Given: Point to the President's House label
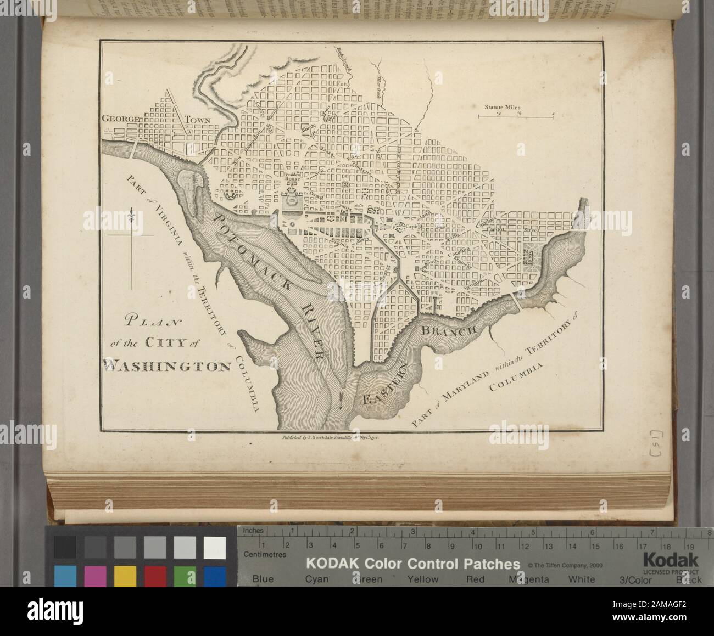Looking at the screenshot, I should click(x=292, y=177).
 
